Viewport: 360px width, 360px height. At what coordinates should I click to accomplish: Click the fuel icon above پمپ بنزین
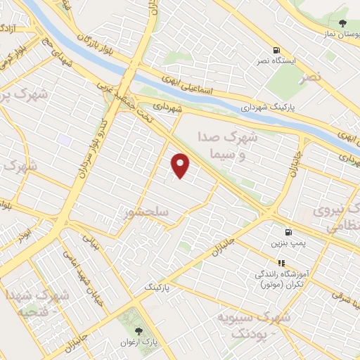pos(288,232)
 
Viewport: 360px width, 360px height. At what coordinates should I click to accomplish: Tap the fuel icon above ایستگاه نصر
pos(277,51)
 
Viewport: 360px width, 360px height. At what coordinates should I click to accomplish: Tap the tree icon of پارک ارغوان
pos(138,330)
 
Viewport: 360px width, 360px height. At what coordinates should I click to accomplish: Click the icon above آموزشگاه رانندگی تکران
pos(281,263)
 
